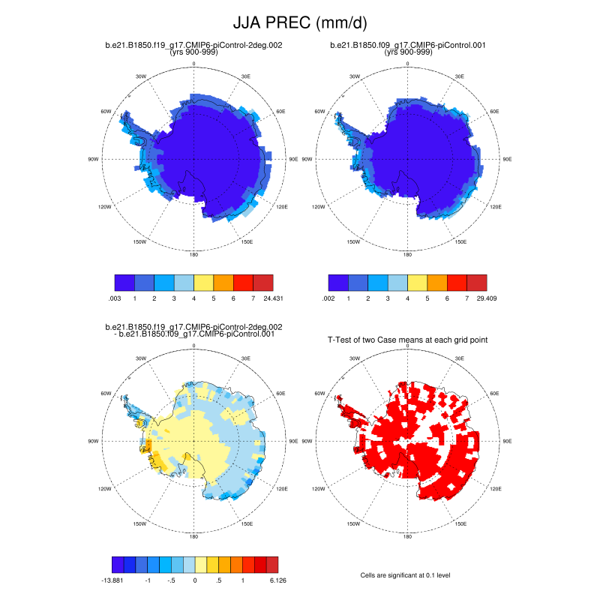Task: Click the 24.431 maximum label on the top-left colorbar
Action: [272, 298]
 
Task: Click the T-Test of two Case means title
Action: [407, 340]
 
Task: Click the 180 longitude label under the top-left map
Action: [194, 254]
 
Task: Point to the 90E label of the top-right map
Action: [507, 160]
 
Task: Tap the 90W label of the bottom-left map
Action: [93, 441]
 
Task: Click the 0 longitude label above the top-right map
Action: [408, 64]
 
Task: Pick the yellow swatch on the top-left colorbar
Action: [204, 282]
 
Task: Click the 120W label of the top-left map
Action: [106, 207]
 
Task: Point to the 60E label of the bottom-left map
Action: [280, 393]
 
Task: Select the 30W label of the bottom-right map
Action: [354, 358]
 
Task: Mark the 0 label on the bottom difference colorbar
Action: [195, 580]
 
